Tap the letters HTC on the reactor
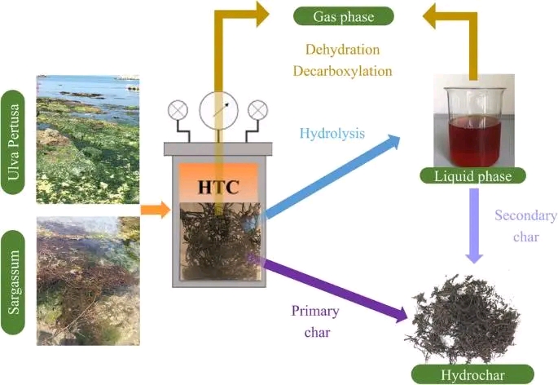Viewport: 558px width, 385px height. pos(220,187)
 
